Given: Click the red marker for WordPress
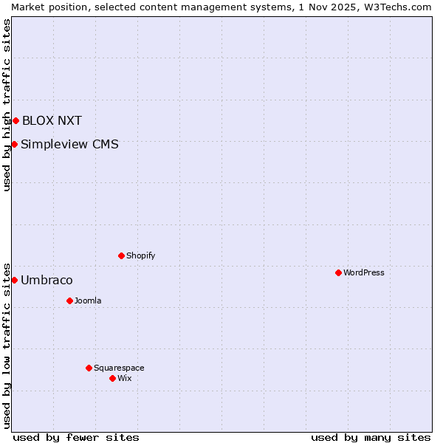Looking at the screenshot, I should point(338,272).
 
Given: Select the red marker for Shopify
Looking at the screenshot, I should point(121,255).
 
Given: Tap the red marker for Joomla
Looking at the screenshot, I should point(69,301).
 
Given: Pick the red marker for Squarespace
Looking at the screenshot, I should point(89,368).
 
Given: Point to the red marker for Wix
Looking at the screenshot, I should point(112,378).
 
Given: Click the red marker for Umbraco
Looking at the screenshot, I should point(14,280).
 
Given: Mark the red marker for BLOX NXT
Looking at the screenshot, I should point(16,120).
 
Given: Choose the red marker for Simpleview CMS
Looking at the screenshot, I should point(14,144).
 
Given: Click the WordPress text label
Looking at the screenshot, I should point(364,272).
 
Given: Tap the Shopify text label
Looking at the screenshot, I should point(140,255).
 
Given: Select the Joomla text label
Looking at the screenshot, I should point(88,301).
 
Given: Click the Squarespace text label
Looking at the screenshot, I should point(119,368).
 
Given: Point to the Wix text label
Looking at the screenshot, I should point(124,378).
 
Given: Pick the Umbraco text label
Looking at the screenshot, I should point(47,281).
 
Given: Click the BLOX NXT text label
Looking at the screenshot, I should point(52,121).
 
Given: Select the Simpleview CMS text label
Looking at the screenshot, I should point(69,145).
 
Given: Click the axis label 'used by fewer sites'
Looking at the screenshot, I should point(76,437).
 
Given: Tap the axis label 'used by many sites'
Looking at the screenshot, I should point(371,437).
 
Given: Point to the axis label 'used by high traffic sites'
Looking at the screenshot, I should point(7,105).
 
